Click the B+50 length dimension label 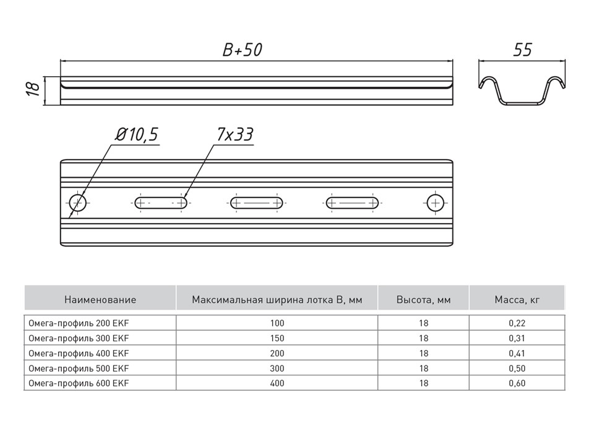(242, 50)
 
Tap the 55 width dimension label (522, 50)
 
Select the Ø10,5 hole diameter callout (137, 134)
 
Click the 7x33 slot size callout (235, 134)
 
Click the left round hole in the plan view (78, 203)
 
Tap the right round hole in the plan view (436, 203)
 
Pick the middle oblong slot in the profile (257, 203)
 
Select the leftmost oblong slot (161, 203)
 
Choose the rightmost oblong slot (352, 203)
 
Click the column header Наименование (100, 300)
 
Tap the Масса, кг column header (517, 300)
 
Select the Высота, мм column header (423, 300)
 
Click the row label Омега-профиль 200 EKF (79, 323)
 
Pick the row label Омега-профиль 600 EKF (79, 383)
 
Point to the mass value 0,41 (517, 354)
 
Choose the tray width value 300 (277, 368)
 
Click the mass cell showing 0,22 (517, 323)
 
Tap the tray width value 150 (277, 338)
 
